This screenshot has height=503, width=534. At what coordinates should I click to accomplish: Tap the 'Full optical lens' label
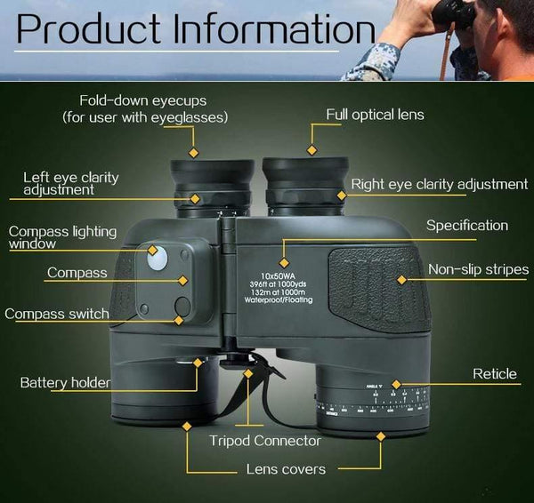(x=375, y=115)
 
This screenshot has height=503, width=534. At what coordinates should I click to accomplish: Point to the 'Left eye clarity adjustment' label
(x=71, y=183)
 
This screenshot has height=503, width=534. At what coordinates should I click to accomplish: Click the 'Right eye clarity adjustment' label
(x=439, y=184)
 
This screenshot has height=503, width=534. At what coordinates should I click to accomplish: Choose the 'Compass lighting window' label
(x=62, y=237)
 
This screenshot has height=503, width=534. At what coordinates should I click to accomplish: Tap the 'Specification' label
(x=467, y=226)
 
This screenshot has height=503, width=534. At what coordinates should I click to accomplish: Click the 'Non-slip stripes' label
(x=478, y=269)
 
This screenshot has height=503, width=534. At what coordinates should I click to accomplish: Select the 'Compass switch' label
(x=57, y=314)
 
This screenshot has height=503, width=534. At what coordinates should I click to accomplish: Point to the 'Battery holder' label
(x=66, y=383)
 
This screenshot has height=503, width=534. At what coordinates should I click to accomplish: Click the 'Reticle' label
(x=494, y=373)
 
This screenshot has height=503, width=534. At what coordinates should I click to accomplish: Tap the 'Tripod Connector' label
(x=264, y=441)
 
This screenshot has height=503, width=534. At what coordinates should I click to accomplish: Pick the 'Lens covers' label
(x=286, y=469)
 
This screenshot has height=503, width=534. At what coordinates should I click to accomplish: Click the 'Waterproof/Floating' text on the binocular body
(x=283, y=301)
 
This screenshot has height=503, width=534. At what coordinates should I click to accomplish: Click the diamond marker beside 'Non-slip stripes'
(x=401, y=280)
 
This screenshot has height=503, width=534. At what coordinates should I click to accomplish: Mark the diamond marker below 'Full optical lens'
(x=312, y=150)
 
